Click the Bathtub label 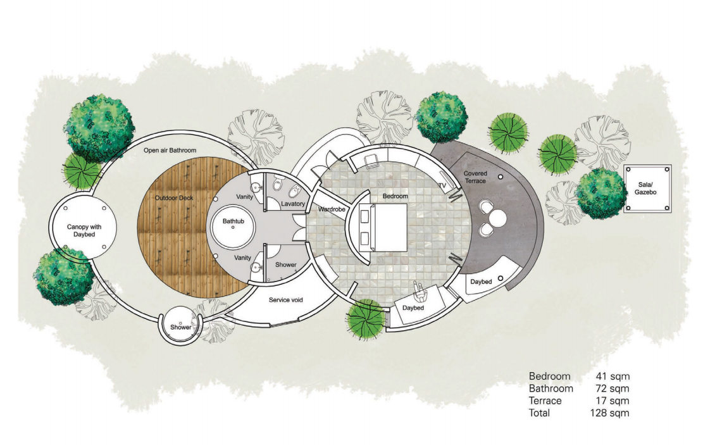233,221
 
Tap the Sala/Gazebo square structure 647,189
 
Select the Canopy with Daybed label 84,230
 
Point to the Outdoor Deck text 174,198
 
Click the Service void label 285,299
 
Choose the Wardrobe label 332,209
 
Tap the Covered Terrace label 475,177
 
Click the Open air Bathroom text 170,150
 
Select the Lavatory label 293,204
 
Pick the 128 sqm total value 609,413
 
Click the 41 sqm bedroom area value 613,376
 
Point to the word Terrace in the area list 545,401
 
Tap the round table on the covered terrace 497,219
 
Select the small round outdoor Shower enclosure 181,325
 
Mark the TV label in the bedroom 442,185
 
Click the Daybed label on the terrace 481,282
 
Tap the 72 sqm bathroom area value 612,389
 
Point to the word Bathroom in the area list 551,389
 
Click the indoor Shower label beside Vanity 285,264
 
